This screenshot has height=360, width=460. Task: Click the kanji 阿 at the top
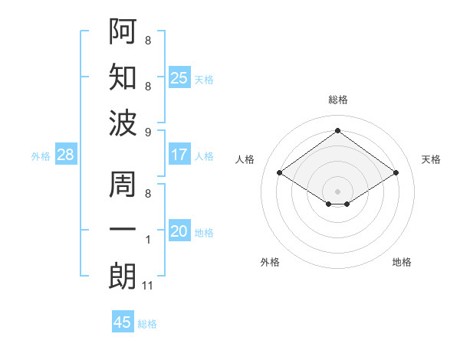[123, 31]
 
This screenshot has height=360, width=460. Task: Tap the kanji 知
[123, 77]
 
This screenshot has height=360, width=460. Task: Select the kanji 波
[123, 123]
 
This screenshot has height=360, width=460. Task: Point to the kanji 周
[123, 186]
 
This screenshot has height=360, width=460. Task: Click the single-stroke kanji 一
[123, 231]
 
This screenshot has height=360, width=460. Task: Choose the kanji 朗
[123, 275]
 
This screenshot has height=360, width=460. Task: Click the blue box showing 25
[179, 78]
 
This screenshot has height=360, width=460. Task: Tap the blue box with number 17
[179, 155]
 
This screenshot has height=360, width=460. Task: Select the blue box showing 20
[179, 231]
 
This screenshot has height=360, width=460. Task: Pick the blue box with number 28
[66, 155]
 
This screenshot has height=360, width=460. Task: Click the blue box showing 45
[123, 322]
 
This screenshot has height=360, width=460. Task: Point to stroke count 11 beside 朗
[148, 286]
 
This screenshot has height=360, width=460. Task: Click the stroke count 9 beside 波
[148, 133]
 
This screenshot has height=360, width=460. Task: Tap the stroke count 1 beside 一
[148, 241]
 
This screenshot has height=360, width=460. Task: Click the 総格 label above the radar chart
[338, 100]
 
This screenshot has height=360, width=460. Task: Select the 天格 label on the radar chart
[431, 159]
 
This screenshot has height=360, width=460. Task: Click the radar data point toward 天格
[396, 174]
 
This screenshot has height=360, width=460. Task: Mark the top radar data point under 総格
[337, 130]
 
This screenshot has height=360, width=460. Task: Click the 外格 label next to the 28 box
[41, 156]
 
